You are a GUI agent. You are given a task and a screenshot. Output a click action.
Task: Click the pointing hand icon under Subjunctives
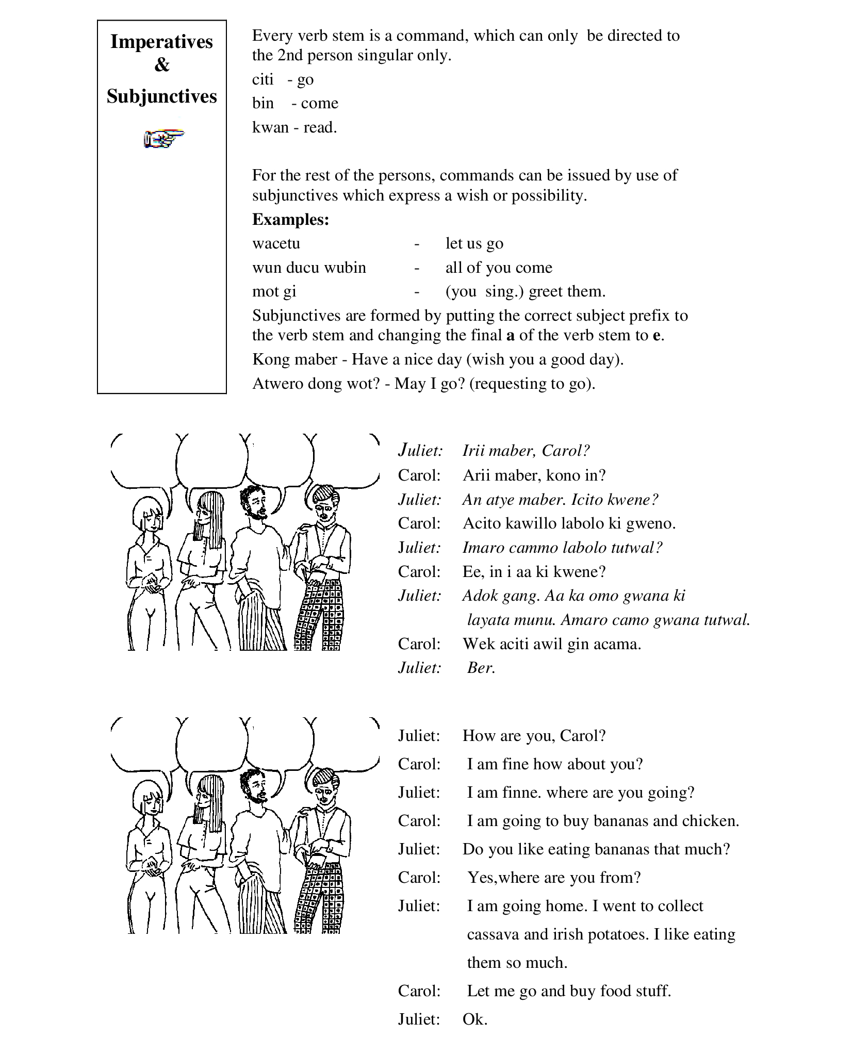pos(163,139)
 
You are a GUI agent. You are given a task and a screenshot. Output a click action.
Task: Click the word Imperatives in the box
pos(161,42)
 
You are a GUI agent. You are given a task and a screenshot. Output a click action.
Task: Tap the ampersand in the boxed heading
pos(161,65)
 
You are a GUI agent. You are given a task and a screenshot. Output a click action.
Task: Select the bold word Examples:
pos(290,220)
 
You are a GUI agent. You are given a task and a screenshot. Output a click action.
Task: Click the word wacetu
pos(276,243)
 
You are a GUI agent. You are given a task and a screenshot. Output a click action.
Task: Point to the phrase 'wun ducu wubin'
pos(309,268)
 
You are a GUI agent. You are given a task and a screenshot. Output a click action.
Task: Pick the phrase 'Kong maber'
pos(294,359)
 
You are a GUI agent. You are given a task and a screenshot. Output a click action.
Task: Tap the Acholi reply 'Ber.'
pos(481,668)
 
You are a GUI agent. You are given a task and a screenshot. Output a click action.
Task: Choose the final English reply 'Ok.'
pos(474,1019)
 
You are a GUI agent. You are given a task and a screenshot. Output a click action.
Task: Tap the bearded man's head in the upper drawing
pos(254,502)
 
